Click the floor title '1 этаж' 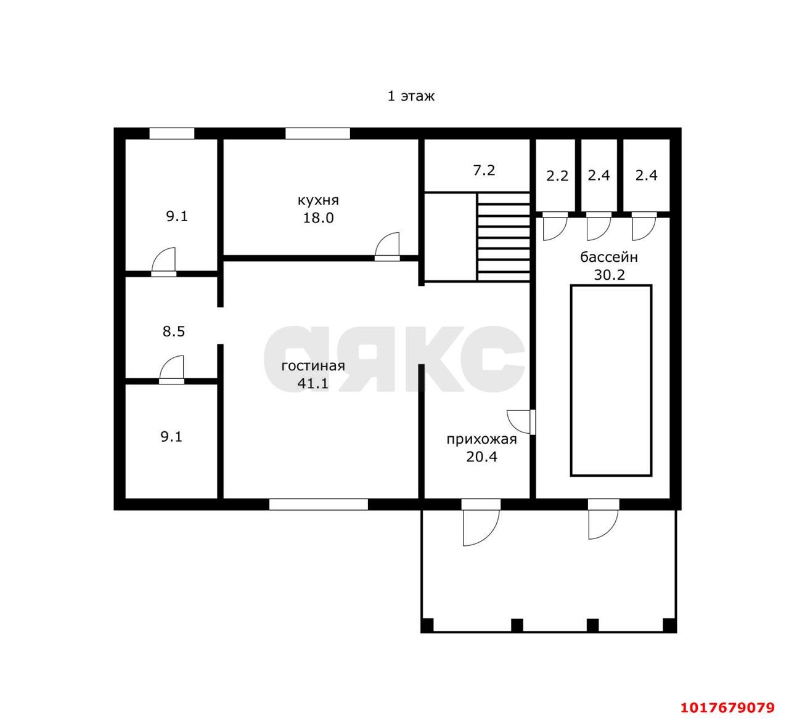pos(411,96)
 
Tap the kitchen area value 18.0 pos(318,217)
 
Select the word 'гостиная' pos(313,365)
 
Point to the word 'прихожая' pos(481,439)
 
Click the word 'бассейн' pos(609,257)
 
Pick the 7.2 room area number pos(484,170)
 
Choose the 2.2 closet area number pos(557,176)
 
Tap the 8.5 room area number pos(173,331)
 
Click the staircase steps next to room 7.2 pos(504,237)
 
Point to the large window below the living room pos(318,505)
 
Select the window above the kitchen pos(317,133)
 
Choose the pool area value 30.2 pos(609,275)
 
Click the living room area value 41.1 pos(313,383)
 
